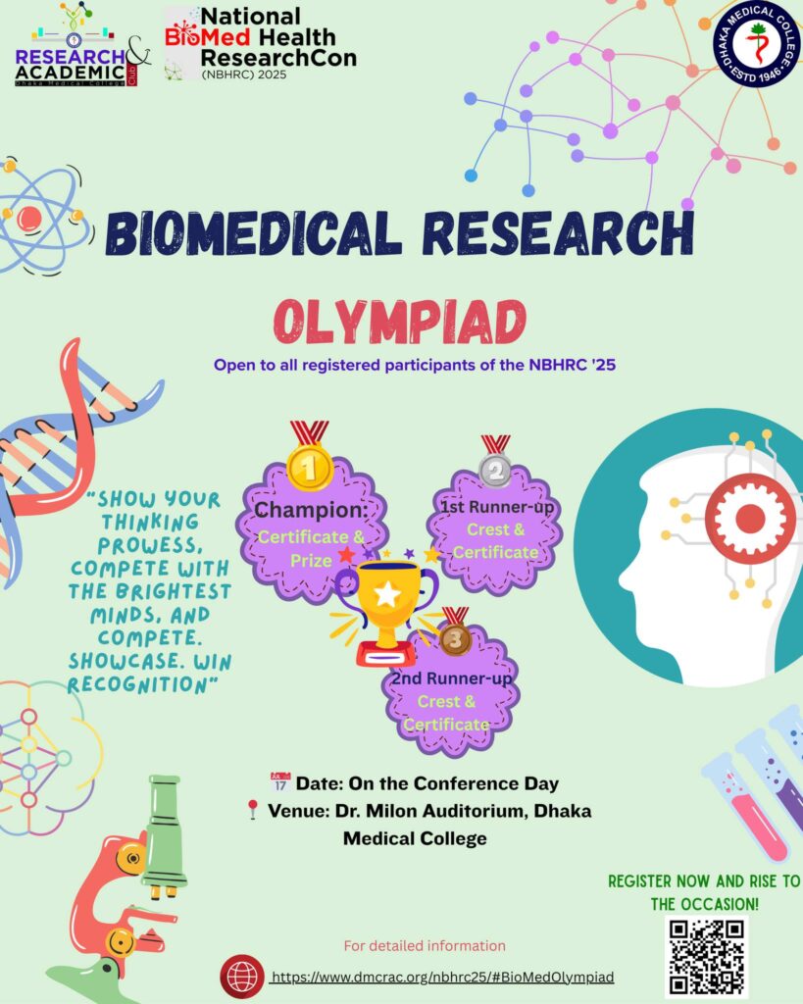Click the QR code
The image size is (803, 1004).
click(707, 957)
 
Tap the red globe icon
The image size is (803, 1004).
click(242, 977)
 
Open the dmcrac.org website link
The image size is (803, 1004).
click(442, 978)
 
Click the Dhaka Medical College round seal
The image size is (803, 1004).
click(758, 43)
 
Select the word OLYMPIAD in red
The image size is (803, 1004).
click(400, 322)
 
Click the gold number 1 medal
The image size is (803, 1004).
click(310, 468)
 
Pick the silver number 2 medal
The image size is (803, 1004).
click(496, 471)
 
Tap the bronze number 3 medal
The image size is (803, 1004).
click(455, 639)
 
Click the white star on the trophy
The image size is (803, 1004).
click(387, 594)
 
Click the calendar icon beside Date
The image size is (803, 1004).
click(280, 781)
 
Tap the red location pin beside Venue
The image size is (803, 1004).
click(253, 809)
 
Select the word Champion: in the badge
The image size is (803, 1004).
click(311, 510)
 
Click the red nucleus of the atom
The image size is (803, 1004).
click(28, 219)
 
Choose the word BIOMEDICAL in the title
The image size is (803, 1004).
click(254, 232)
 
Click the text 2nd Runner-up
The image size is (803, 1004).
click(451, 678)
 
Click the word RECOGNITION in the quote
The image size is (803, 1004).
click(138, 684)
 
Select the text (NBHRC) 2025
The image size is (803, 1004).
click(244, 75)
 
